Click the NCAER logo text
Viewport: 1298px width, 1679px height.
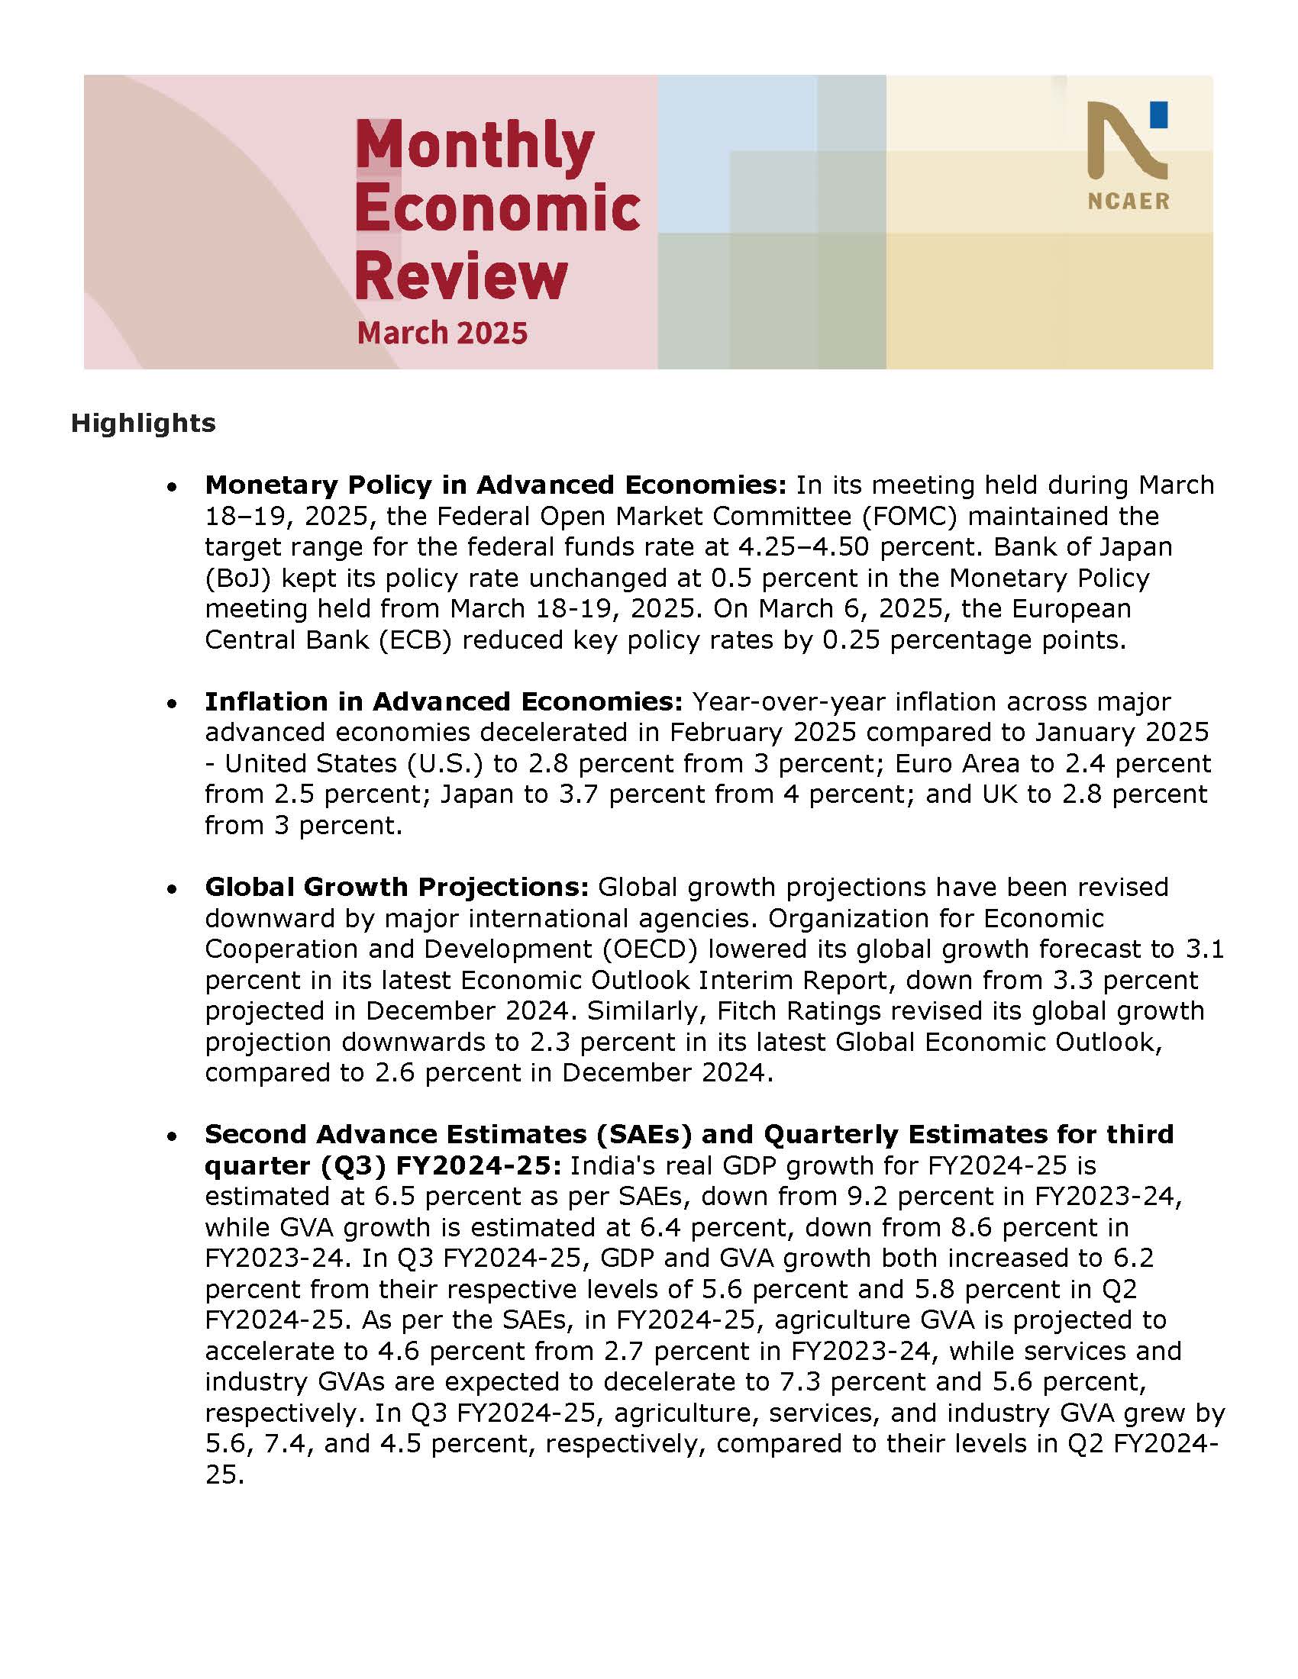click(x=1128, y=201)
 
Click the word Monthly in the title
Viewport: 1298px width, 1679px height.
click(x=474, y=146)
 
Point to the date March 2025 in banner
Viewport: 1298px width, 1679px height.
click(x=442, y=333)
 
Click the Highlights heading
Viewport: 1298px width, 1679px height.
click(x=143, y=423)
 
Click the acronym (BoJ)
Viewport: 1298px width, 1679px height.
click(x=239, y=578)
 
